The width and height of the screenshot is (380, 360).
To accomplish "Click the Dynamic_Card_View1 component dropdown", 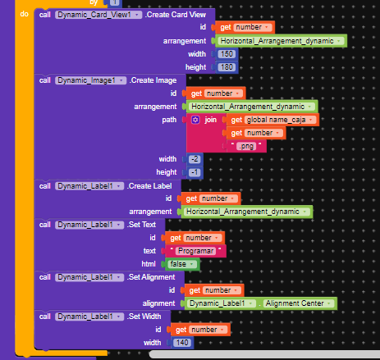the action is tap(98, 15).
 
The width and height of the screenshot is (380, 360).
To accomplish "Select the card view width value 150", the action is tap(227, 54).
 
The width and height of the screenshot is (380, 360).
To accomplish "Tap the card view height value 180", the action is tap(227, 67).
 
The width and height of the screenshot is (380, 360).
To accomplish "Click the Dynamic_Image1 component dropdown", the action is tap(91, 80).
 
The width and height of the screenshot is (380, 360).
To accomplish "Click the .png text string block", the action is tap(246, 146).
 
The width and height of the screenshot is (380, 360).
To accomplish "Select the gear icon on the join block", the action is tap(195, 120).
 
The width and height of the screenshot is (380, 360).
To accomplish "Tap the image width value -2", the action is tap(195, 159).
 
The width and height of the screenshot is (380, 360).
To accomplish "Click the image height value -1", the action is tap(195, 172).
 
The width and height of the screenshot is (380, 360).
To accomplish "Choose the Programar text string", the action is tap(195, 251).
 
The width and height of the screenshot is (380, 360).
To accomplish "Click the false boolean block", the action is tap(182, 264).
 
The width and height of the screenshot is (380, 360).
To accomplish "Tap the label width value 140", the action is tap(182, 343).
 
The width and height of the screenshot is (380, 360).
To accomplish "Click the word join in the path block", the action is tap(210, 120).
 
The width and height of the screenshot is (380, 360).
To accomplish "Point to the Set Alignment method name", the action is tap(151, 277).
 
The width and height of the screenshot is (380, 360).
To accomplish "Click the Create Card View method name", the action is tap(176, 15).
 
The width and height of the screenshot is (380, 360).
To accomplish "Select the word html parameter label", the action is tap(149, 264).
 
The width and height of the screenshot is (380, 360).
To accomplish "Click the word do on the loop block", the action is tap(25, 14).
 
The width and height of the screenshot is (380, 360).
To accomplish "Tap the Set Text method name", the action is tap(141, 225).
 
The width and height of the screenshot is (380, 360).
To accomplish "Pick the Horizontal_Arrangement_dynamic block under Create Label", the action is tap(247, 212).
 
